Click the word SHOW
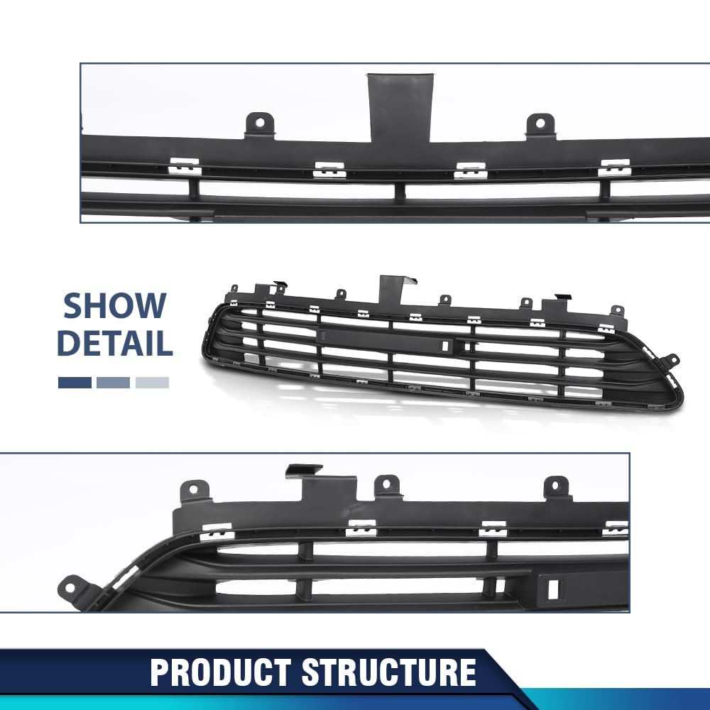(114, 305)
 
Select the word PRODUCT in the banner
(221, 672)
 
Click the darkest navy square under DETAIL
(75, 383)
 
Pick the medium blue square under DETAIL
(114, 383)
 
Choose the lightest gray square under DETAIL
(152, 383)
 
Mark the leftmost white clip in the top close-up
(184, 167)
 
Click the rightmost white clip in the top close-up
(614, 168)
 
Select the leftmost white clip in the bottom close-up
(217, 531)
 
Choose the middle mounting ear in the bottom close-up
(387, 486)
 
